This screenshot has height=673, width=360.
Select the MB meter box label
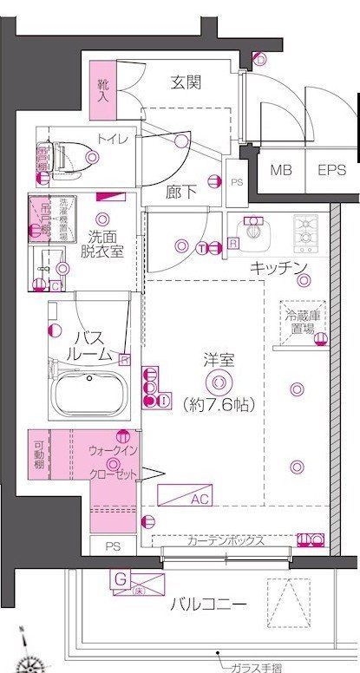coord(280,171)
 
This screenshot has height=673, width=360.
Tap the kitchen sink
coord(253,232)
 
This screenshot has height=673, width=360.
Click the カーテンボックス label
coord(225,540)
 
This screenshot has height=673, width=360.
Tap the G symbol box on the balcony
coord(121,577)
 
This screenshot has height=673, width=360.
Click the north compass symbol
coord(33,662)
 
